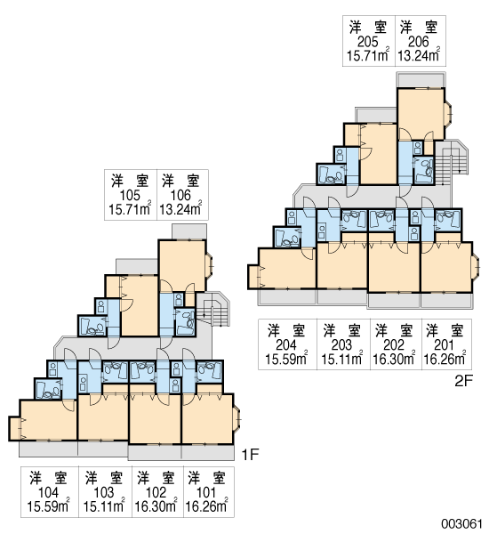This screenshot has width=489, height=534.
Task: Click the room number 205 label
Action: coord(368,42)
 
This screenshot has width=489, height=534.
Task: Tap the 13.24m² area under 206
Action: coord(419,55)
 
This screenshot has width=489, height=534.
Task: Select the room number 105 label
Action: coord(130,196)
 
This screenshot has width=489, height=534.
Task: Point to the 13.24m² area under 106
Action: coord(180,209)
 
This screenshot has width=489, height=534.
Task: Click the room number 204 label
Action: coord(286,345)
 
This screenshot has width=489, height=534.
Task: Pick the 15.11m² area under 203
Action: coord(342,359)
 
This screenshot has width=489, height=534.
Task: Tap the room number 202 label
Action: coord(393,345)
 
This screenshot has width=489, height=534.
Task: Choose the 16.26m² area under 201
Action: coord(445,359)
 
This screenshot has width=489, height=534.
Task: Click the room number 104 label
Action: coord(48,492)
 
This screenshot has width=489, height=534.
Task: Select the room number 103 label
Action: coord(104,492)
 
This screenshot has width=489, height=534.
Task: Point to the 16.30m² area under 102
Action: coord(156,506)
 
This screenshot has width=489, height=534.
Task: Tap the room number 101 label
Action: coord(206,492)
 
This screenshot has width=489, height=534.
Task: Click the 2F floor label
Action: coord(464,381)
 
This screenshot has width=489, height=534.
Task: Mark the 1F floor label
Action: coord(250,454)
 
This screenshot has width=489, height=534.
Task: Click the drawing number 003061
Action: coord(461,523)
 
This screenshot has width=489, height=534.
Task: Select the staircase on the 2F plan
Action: coord(452,163)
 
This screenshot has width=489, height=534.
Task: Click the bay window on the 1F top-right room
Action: coord(209,264)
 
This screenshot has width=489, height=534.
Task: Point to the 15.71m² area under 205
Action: coord(368,55)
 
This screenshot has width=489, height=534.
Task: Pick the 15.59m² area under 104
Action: coord(48,506)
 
